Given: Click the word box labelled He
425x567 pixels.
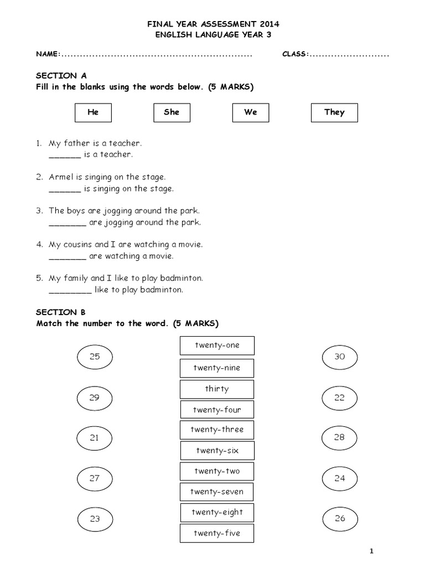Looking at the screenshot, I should pos(93,112).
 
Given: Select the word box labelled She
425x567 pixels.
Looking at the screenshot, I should pos(172,112).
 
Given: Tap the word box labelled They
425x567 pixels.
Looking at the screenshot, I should pos(334,112).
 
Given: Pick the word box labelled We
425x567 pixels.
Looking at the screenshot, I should pos(251,112).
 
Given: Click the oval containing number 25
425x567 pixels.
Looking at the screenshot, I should pos(95,357).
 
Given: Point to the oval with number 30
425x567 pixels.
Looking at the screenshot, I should pos(339,357).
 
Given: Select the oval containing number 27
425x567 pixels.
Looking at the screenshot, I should pos(95,478).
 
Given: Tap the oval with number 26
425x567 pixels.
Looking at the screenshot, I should pos(339,518).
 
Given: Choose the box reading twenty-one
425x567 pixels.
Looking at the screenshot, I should pos(217,346).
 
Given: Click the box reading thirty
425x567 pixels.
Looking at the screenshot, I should pos(217,389).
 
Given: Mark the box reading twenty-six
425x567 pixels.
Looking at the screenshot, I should pos(217,451).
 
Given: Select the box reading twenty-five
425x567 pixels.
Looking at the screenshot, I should pos(217,534).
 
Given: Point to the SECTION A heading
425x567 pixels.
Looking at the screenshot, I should pos(61,76).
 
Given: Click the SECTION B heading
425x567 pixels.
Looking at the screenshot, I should pos(61,312).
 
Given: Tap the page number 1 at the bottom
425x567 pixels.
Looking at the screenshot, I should pos(372,551).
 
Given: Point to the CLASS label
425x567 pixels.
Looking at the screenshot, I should pos(294,54).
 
